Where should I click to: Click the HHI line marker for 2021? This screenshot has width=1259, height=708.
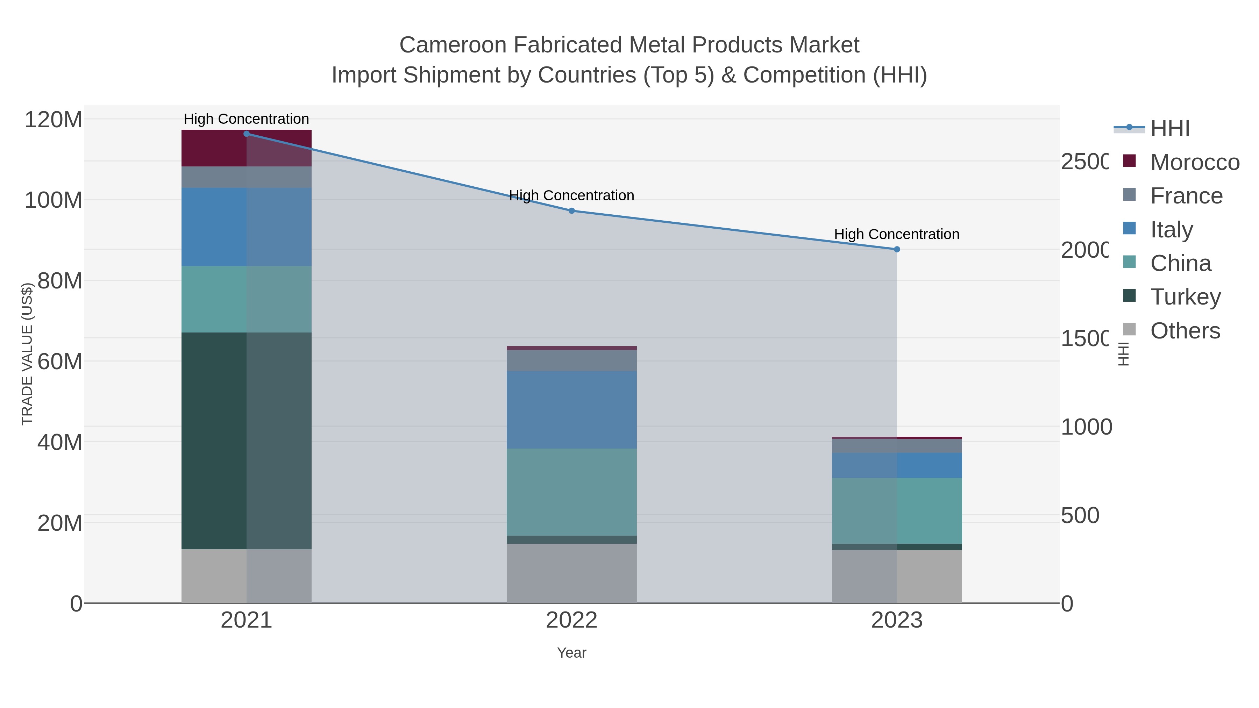tap(246, 134)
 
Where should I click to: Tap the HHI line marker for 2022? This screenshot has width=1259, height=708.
tap(571, 210)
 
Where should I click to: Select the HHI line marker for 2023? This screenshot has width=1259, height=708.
tap(897, 249)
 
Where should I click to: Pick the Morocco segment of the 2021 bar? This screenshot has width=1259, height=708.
tap(246, 148)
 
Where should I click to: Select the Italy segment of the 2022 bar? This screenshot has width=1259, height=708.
tap(571, 409)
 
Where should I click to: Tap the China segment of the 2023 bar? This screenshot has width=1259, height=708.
tap(897, 510)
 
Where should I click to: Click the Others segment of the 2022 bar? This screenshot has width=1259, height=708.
tap(571, 573)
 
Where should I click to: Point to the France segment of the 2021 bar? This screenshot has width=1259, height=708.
tap(246, 177)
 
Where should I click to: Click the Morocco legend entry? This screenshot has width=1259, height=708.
tap(1195, 162)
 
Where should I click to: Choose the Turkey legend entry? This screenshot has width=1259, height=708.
tap(1185, 296)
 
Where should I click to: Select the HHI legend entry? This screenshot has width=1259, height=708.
tap(1169, 129)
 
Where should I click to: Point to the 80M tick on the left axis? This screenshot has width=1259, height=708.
tap(59, 281)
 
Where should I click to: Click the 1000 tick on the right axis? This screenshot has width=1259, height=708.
tap(1086, 427)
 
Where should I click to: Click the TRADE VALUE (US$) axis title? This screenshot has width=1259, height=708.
tap(27, 354)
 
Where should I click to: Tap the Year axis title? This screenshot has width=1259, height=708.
tap(571, 653)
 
